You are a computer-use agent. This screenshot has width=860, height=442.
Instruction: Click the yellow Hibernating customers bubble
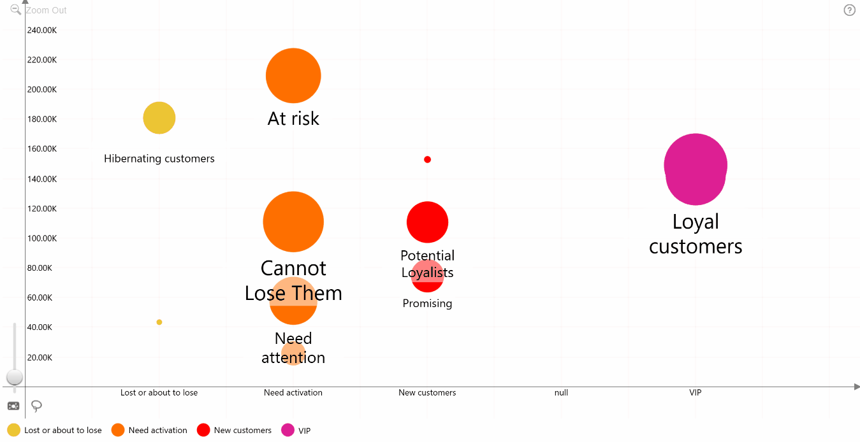tap(159, 118)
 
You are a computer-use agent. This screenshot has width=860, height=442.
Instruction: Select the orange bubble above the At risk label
tap(293, 76)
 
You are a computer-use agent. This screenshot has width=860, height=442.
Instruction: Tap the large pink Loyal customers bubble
tap(696, 169)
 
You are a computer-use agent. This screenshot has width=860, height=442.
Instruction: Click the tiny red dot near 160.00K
tap(427, 159)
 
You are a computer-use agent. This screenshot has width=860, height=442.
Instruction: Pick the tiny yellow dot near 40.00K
tap(159, 322)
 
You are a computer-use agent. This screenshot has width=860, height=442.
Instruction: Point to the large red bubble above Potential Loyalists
tap(427, 222)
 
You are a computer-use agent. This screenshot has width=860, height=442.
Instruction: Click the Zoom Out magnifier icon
tap(15, 10)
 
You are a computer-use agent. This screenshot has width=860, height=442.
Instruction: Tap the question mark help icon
tap(849, 10)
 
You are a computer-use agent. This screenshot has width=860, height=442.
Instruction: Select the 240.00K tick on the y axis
tap(42, 31)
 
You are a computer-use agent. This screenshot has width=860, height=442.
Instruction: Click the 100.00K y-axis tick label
tap(42, 238)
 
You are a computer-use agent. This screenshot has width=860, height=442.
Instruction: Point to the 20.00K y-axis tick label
tap(40, 357)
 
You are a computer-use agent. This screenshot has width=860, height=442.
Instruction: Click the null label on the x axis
tap(561, 392)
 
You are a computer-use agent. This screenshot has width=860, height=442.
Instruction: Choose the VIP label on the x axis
tap(696, 392)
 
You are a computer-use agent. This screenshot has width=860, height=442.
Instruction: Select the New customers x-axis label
tap(427, 392)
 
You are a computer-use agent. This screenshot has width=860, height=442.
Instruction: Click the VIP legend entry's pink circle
tap(288, 430)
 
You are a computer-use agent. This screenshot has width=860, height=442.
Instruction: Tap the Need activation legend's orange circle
tap(118, 430)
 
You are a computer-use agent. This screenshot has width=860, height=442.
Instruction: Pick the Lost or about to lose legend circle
tap(14, 430)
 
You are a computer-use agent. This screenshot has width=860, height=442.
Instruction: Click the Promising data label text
tap(427, 304)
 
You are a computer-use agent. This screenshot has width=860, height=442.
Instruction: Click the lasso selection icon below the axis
tap(36, 406)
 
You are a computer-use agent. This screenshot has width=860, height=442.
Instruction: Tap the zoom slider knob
tap(15, 377)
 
